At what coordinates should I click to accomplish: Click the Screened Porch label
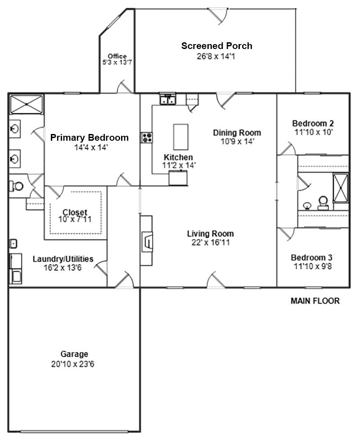click(217, 46)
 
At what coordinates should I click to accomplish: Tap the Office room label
click(117, 56)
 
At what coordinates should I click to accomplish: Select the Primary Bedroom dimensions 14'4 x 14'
click(91, 147)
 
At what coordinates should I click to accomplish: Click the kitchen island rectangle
click(180, 137)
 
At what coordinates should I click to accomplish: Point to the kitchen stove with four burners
click(147, 138)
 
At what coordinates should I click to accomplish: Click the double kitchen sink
click(167, 99)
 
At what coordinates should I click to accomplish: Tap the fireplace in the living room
click(147, 241)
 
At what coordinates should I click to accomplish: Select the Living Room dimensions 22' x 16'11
click(211, 242)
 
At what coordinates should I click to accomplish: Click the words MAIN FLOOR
click(315, 301)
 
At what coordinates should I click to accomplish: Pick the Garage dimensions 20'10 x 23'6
click(73, 364)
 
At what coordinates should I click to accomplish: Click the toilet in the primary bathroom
click(17, 186)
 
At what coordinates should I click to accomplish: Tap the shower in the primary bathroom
click(26, 104)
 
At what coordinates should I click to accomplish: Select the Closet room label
click(75, 212)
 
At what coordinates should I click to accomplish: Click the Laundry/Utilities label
click(63, 259)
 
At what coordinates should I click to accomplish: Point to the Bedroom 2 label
click(313, 124)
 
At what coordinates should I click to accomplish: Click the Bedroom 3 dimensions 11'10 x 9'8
click(313, 266)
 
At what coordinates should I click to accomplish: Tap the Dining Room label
click(237, 133)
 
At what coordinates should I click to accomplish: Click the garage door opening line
click(74, 431)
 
